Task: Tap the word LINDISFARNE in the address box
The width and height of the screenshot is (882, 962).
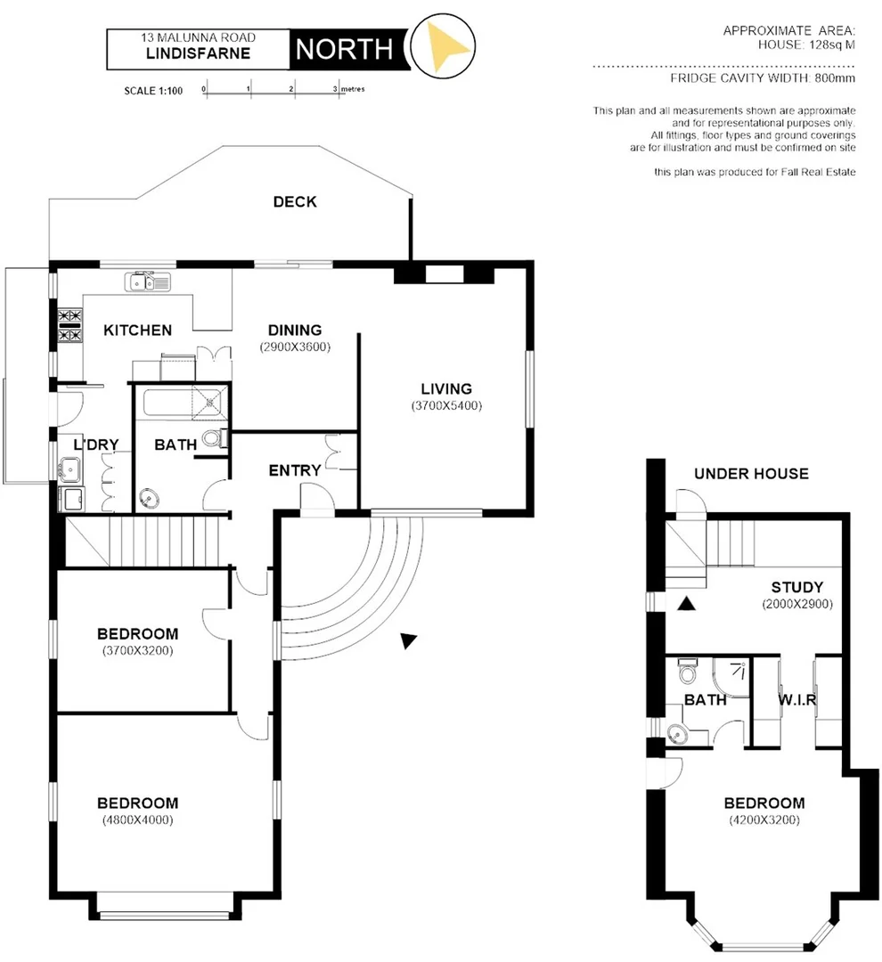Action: [198, 53]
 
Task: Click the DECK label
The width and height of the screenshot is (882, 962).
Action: [295, 202]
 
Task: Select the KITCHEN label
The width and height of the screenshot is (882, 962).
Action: [138, 330]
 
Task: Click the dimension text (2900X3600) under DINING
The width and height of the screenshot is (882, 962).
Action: [295, 346]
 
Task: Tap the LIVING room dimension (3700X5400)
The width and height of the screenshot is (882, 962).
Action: [446, 405]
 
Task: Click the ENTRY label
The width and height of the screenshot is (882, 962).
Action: [295, 470]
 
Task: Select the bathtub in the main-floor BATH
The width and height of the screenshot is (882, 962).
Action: [165, 402]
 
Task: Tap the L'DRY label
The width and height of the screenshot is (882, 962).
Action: [96, 444]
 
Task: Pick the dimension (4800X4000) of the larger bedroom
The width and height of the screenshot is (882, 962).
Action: [137, 819]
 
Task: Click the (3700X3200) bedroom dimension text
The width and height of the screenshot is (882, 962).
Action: [137, 650]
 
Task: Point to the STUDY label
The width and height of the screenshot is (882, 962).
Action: [796, 588]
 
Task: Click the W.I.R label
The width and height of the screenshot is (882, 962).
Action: [797, 700]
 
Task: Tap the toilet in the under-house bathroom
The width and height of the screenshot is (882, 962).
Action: [686, 668]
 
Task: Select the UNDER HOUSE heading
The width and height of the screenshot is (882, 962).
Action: [751, 474]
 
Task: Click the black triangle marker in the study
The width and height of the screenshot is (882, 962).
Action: [685, 605]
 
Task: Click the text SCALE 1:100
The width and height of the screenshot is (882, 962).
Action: [153, 91]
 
